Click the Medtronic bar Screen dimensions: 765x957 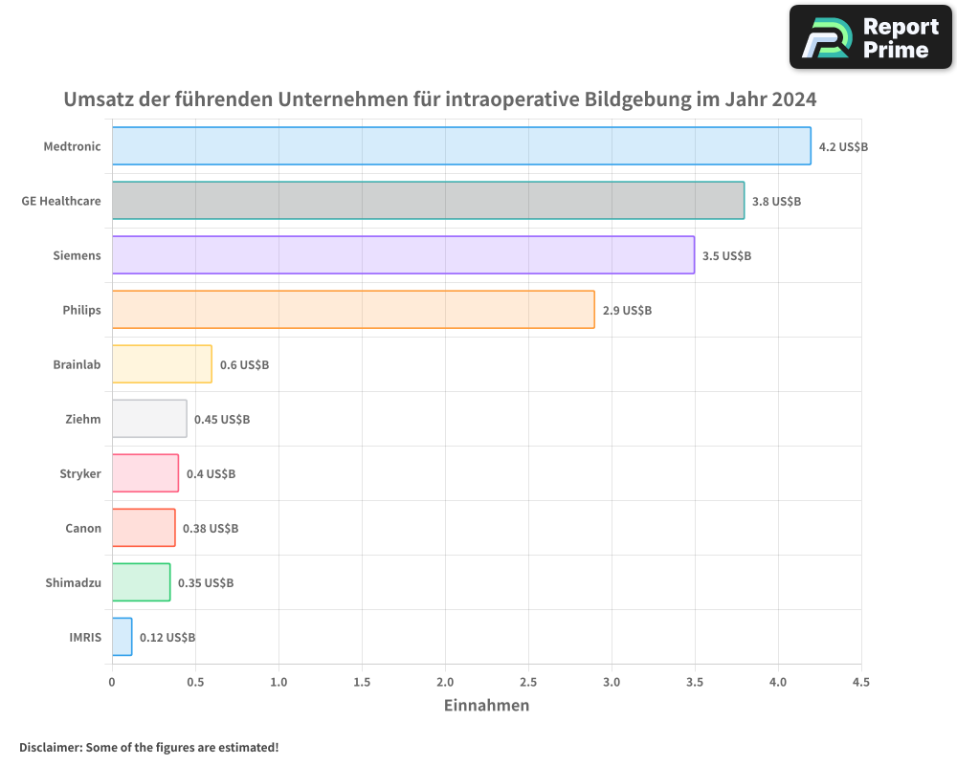click(x=461, y=146)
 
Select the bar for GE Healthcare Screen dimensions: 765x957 click(x=428, y=201)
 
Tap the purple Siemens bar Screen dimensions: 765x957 click(x=403, y=255)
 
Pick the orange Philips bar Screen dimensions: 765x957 click(x=353, y=310)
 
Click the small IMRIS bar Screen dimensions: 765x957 click(x=122, y=637)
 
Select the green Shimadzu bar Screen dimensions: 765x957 click(x=141, y=582)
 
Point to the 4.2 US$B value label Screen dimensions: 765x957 click(x=843, y=147)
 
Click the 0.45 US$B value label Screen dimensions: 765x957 click(x=222, y=420)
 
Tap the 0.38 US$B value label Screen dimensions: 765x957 click(x=211, y=529)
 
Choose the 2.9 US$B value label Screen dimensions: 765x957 click(x=627, y=311)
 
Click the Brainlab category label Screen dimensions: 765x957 click(x=77, y=364)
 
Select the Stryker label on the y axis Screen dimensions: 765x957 click(x=79, y=473)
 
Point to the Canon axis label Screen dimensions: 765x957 click(x=83, y=528)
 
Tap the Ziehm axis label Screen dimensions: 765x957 click(x=83, y=419)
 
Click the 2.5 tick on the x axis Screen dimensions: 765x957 click(x=528, y=683)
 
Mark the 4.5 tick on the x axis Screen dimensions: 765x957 click(x=860, y=683)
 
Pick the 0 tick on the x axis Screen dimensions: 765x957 click(x=112, y=683)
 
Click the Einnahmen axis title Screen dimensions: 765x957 click(x=486, y=706)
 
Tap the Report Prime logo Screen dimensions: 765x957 click(x=870, y=37)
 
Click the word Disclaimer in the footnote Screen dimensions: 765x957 click(x=49, y=748)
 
